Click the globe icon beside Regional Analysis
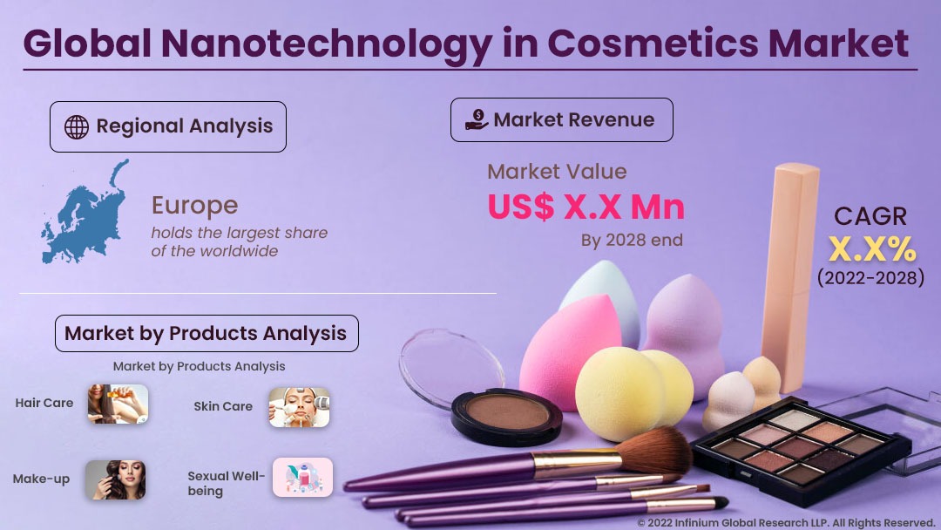click(x=77, y=127)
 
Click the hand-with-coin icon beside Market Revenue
click(x=477, y=120)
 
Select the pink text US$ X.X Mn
click(x=586, y=207)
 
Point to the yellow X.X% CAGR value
click(x=871, y=250)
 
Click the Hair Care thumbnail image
click(x=117, y=404)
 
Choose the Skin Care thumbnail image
click(x=300, y=407)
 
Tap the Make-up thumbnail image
click(x=115, y=479)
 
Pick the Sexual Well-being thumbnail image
click(x=302, y=477)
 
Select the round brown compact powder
click(x=506, y=413)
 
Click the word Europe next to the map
click(x=194, y=206)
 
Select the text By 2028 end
click(x=632, y=240)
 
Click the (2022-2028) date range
click(x=870, y=278)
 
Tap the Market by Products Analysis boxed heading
click(x=206, y=333)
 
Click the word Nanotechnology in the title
click(x=353, y=44)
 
